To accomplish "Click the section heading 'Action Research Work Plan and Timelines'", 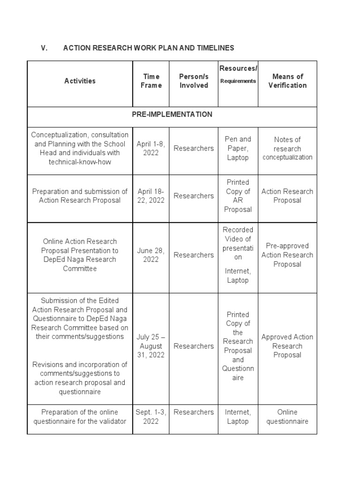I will pyautogui.click(x=148, y=48).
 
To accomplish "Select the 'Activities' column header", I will pyautogui.click(x=80, y=81).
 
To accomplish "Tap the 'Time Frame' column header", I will pyautogui.click(x=151, y=81).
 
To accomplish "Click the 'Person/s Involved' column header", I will pyautogui.click(x=194, y=81).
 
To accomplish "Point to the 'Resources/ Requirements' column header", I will pyautogui.click(x=238, y=75).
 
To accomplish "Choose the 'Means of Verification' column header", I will pyautogui.click(x=287, y=81).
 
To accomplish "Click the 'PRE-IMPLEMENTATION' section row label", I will pyautogui.click(x=172, y=114).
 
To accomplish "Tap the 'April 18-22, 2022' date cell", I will pyautogui.click(x=151, y=196).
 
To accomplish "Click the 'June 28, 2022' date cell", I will pyautogui.click(x=151, y=255).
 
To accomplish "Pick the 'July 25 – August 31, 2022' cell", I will pyautogui.click(x=151, y=346).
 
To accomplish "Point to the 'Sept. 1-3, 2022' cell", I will pyautogui.click(x=151, y=417).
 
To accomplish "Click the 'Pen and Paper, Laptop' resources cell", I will pyautogui.click(x=238, y=149).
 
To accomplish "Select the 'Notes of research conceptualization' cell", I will pyautogui.click(x=287, y=149).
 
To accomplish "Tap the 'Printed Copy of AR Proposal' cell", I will pyautogui.click(x=238, y=196).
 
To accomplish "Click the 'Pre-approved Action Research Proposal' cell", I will pyautogui.click(x=287, y=255).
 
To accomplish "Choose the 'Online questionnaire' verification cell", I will pyautogui.click(x=287, y=417).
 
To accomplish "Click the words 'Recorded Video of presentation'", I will pyautogui.click(x=238, y=244).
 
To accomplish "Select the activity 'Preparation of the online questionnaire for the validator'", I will pyautogui.click(x=80, y=417).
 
